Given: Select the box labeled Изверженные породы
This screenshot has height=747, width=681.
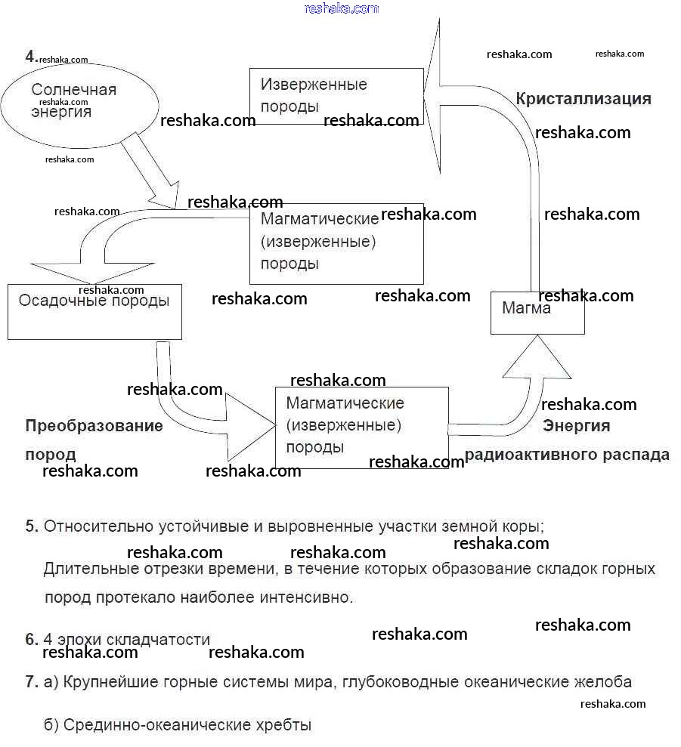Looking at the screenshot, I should point(336,96).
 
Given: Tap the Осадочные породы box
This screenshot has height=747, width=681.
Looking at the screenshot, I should point(94,311).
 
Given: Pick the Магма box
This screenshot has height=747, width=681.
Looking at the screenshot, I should point(537,312).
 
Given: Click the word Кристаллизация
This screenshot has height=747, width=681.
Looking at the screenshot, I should point(583,99).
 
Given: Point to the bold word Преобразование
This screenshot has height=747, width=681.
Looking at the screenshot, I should point(94,426).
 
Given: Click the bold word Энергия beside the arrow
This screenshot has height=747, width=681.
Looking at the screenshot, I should point(576,426).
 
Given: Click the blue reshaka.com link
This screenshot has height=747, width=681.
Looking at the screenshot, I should point(342,8).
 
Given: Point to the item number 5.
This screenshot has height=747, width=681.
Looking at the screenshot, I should point(32,526).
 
